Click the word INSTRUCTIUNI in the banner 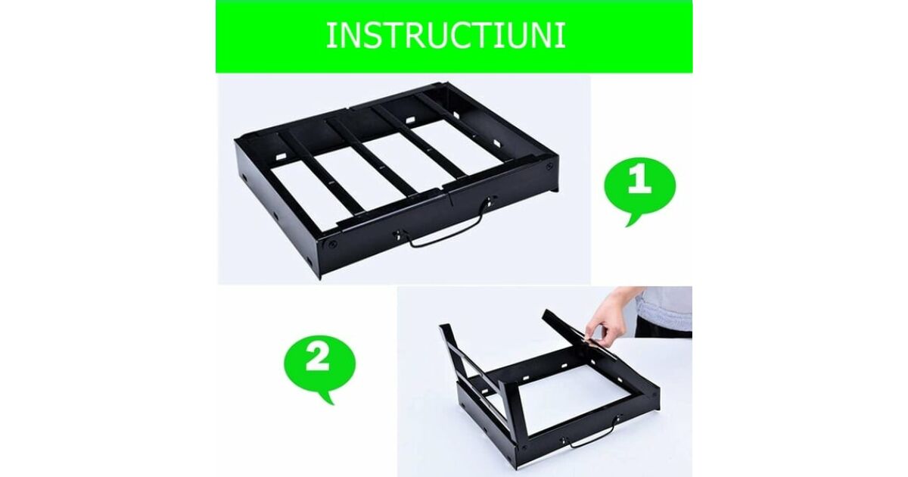click(446, 36)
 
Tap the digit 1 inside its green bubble click(639, 181)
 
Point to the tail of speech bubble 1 click(631, 220)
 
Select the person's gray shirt click(665, 309)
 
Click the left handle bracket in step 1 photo click(400, 235)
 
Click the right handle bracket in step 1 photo click(490, 201)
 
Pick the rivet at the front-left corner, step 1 click(332, 245)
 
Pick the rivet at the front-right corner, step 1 click(549, 166)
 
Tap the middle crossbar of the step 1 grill click(373, 157)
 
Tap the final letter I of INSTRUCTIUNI click(562, 36)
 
